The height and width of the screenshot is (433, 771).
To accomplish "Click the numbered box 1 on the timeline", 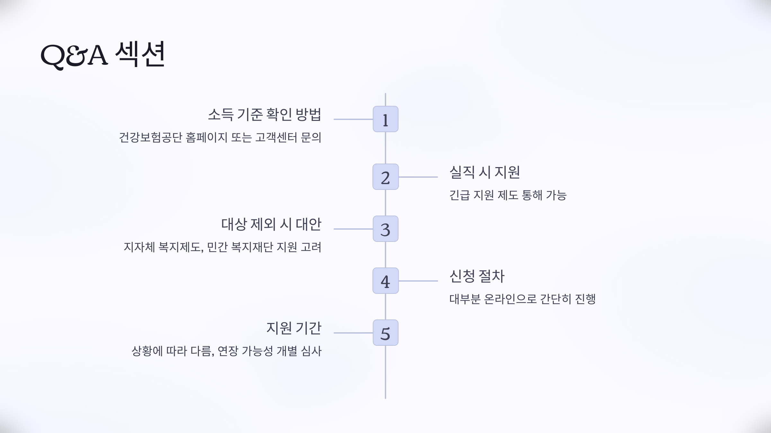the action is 385,119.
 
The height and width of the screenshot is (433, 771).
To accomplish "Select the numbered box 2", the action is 385,177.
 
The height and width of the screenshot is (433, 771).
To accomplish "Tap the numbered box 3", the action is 385,229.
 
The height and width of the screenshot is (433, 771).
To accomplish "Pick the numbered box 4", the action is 385,281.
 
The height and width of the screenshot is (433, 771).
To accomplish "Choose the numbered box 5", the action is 385,333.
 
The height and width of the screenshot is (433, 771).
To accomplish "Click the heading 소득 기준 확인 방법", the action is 264,115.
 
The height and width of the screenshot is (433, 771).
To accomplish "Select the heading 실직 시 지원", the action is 484,172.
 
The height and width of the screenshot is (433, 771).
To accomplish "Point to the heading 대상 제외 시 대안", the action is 271,224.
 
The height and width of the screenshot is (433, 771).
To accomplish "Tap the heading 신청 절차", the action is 477,276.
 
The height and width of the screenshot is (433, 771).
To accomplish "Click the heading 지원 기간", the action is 294,328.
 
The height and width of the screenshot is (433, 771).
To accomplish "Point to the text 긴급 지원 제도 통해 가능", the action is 508,195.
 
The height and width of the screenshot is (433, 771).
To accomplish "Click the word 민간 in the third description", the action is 217,247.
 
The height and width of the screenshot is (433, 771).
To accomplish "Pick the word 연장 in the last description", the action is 227,351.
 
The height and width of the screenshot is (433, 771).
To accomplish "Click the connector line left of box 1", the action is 353,119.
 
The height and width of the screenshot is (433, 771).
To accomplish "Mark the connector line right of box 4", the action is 418,281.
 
